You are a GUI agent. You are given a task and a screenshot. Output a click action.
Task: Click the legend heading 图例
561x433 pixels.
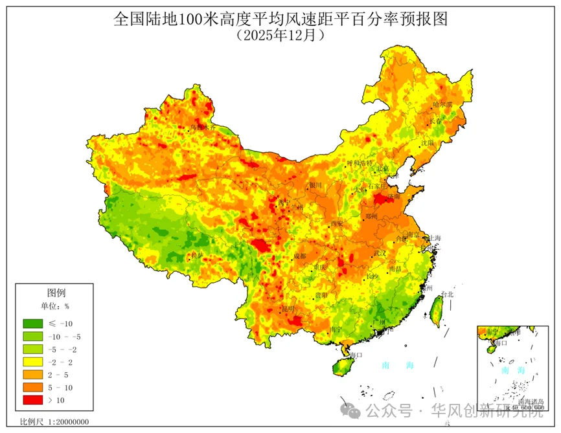[56, 293]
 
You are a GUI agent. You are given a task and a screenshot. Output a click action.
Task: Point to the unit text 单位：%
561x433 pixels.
[55, 306]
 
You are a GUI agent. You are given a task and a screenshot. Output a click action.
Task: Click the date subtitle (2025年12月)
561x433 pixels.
[280, 35]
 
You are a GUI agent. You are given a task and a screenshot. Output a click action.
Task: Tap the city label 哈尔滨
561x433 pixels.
[443, 104]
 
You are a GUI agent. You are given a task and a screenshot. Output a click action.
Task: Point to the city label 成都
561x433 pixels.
[299, 256]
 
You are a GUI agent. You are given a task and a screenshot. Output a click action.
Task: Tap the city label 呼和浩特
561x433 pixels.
[360, 163]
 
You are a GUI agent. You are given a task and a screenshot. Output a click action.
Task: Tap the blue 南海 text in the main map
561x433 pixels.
[398, 366]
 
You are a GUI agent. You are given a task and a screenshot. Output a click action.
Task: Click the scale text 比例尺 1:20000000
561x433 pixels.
[54, 422]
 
